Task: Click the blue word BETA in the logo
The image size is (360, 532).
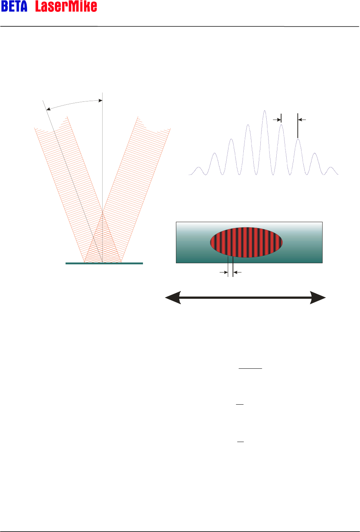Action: tap(14, 6)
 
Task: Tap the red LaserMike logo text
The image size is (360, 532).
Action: tap(66, 6)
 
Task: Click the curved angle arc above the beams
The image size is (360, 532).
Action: tap(74, 103)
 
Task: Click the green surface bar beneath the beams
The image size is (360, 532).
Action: tap(104, 263)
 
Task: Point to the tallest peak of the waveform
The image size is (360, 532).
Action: tap(264, 111)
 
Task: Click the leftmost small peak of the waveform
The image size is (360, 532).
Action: tap(199, 168)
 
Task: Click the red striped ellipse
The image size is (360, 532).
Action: tap(246, 242)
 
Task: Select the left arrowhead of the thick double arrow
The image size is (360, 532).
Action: tap(173, 298)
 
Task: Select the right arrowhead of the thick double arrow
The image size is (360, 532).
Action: tap(317, 298)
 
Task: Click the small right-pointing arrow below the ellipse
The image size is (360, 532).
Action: tap(224, 272)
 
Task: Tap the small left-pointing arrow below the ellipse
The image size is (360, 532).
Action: tap(237, 272)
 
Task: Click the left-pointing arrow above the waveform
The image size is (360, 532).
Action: tap(302, 120)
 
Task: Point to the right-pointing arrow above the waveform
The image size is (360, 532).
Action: tap(277, 120)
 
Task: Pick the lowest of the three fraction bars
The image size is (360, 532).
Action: tap(240, 442)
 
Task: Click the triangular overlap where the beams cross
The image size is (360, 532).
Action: tap(103, 241)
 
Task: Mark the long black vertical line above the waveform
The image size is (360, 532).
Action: tap(298, 126)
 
